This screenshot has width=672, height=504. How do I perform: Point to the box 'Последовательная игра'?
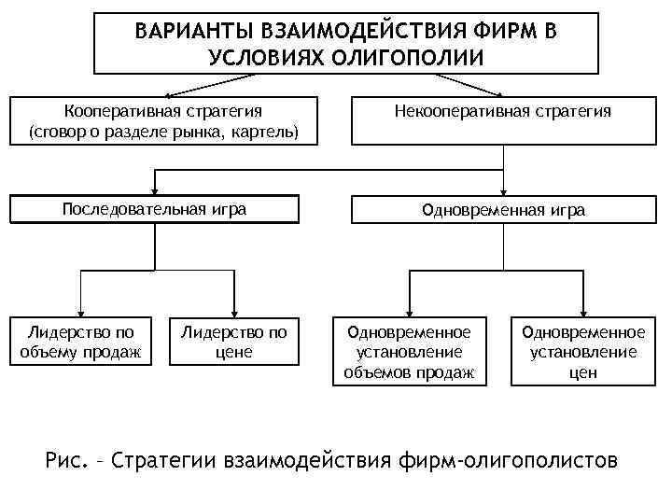pos(154,208)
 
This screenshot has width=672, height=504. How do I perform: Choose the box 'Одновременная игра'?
pos(502,210)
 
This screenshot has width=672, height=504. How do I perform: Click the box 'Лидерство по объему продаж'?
pos(80,342)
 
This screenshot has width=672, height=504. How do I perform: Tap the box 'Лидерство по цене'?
pos(233,342)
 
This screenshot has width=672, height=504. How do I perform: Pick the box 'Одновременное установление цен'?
pos(582,352)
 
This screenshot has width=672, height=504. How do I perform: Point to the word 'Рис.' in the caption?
pos(66,459)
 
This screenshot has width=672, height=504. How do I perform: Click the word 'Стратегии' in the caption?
pos(181,459)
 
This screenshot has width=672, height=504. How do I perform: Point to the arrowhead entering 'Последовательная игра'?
pos(154,189)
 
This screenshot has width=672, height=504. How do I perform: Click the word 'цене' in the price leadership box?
pos(233,352)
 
